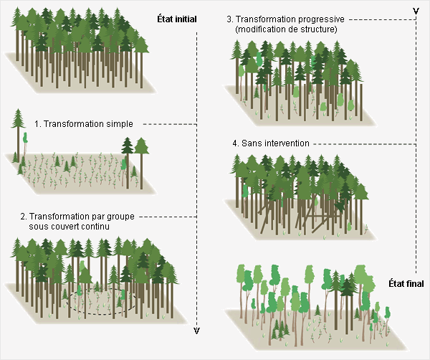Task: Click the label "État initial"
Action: click(x=176, y=18)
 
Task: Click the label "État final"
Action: click(x=407, y=283)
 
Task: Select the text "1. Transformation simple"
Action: click(x=83, y=123)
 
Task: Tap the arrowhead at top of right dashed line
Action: click(x=416, y=10)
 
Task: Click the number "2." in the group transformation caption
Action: click(x=24, y=216)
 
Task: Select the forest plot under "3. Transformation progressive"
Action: click(x=301, y=82)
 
